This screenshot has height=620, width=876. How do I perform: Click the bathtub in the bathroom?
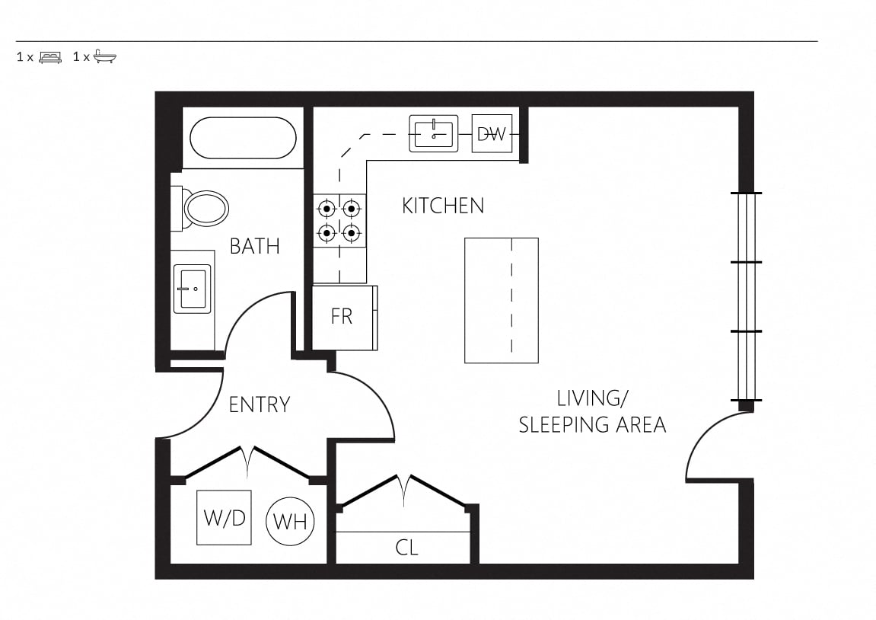tap(243, 138)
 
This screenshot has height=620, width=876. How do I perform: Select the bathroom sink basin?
tap(193, 289)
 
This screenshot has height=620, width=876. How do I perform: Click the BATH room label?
tap(255, 246)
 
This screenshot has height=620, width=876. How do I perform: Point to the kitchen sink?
tap(434, 133)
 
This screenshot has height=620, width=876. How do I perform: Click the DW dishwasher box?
tap(492, 133)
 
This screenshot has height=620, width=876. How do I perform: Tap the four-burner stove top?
tap(339, 221)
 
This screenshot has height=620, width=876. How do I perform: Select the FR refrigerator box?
tap(344, 318)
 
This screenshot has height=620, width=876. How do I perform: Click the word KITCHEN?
tap(443, 206)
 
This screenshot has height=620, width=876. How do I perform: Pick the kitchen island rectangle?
tap(502, 300)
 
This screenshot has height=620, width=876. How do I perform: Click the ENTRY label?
tap(260, 404)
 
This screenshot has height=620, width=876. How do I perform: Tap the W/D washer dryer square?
tap(224, 518)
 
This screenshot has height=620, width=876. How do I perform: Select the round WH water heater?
tap(291, 522)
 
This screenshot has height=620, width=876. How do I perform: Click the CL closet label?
tap(406, 548)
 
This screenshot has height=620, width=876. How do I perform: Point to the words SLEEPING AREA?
tap(593, 425)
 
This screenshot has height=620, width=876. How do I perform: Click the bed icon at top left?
tap(50, 57)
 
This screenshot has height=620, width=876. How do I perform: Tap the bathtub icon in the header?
tap(104, 56)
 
